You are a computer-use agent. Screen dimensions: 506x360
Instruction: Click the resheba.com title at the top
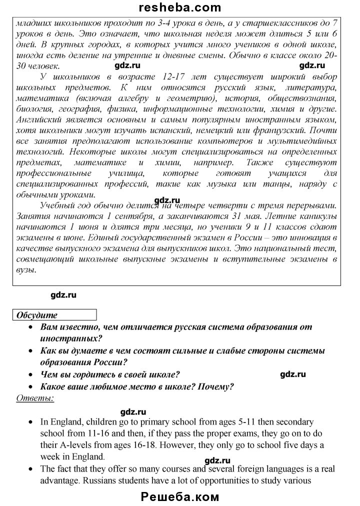[x=180, y=7]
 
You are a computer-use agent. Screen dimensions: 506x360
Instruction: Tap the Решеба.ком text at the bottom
[x=180, y=497]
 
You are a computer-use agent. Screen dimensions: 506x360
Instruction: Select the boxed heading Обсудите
[x=37, y=315]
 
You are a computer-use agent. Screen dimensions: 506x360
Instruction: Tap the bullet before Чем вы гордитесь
[x=31, y=374]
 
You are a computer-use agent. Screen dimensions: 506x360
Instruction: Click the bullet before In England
[x=31, y=422]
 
